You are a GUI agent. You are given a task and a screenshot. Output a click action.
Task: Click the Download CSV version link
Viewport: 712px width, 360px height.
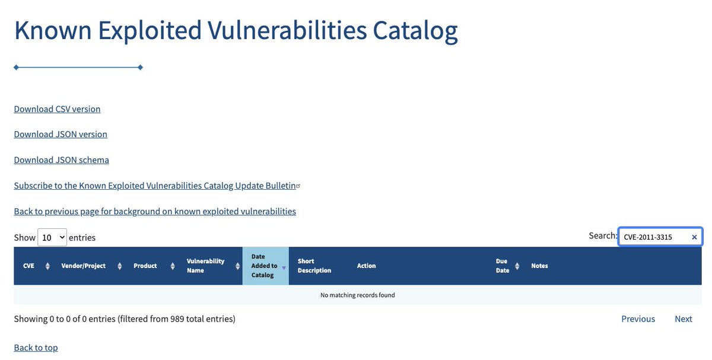pos(57,109)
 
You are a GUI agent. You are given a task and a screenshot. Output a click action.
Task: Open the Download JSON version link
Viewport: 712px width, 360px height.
pos(61,135)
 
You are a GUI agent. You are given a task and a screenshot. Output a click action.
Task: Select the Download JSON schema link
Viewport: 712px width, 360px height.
pos(61,160)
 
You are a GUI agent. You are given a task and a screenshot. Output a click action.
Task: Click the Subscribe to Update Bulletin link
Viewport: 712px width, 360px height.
pos(155,186)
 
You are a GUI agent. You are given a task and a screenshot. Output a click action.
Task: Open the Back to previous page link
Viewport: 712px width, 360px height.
pos(155,211)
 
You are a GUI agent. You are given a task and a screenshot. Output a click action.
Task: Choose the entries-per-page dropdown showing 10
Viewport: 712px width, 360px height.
pos(52,237)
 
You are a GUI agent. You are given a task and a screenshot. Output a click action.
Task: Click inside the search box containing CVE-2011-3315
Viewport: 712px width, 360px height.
pos(653,237)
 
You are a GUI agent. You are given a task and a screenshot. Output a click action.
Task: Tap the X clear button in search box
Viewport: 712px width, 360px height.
pos(694,237)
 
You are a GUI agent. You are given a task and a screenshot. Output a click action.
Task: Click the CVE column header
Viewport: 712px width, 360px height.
pos(29,266)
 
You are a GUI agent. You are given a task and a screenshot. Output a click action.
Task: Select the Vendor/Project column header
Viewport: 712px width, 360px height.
pos(84,266)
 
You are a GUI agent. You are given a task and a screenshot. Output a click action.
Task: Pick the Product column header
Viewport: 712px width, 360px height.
pos(145,266)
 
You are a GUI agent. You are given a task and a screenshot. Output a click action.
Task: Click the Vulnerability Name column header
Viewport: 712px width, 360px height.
pos(206,266)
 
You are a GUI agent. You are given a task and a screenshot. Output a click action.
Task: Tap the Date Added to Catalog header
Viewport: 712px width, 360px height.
pos(265,266)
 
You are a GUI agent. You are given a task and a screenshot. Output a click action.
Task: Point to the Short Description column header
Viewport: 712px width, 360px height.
pos(314,266)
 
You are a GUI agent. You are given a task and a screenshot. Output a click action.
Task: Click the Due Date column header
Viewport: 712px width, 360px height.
pos(503,266)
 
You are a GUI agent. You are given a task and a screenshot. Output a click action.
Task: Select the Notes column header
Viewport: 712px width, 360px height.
pos(539,266)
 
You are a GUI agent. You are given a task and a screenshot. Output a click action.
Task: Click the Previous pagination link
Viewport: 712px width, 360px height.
pos(638,319)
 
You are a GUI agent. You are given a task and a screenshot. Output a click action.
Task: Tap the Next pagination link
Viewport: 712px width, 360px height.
pos(683,319)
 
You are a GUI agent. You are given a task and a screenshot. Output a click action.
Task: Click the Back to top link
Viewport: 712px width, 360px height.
pos(36,348)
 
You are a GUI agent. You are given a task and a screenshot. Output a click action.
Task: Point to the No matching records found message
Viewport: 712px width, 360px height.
pos(357,295)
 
